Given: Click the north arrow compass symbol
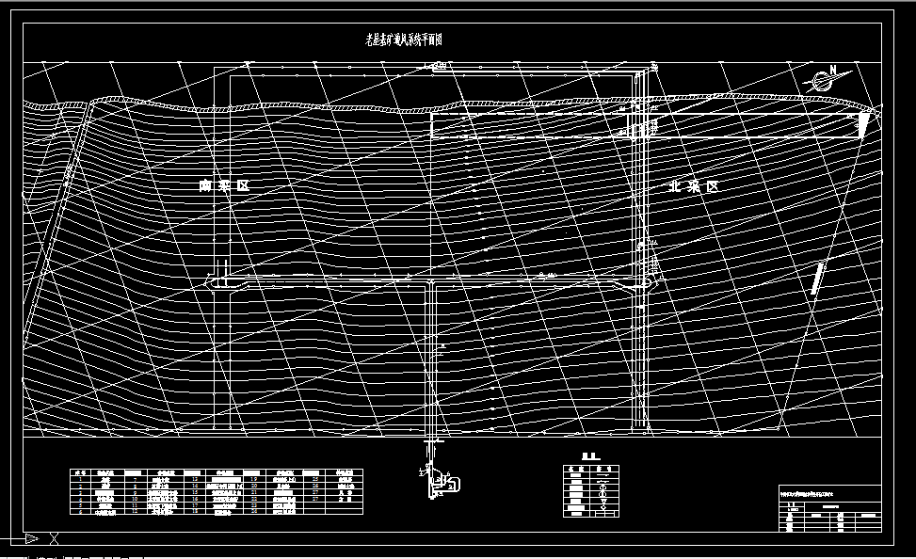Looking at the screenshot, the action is coord(818,82).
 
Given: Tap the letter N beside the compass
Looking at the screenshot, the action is coord(831,71).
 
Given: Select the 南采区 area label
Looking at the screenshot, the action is coord(223,186).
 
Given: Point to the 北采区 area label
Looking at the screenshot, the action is coord(692,186).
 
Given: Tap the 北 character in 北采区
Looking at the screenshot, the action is coord(674,186).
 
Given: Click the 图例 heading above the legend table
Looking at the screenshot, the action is coord(589,456).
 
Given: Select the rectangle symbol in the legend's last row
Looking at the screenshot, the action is coord(600,512).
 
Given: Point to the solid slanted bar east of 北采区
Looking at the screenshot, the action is coord(818,279).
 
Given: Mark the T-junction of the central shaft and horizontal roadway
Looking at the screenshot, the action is coord(431,282).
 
